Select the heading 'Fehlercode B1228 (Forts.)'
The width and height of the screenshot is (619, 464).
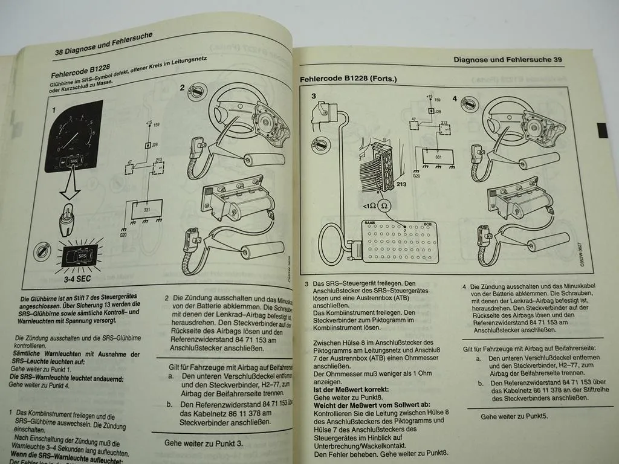[348, 79]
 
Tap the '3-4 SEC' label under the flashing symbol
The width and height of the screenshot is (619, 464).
[69, 280]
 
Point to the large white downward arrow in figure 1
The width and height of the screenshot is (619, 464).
[68, 184]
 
